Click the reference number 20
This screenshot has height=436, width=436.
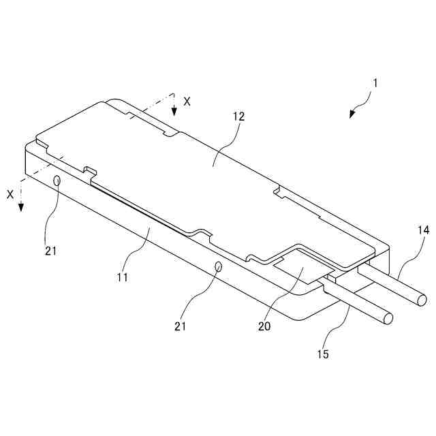tap(264, 326)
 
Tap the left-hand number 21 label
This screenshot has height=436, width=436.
tap(50, 250)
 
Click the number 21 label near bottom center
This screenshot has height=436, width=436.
tap(179, 326)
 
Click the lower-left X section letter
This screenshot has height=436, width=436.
tap(10, 194)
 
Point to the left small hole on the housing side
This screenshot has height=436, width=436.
tap(57, 180)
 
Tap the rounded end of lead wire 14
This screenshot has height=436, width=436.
tap(423, 300)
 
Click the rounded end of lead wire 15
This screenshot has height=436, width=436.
tap(388, 318)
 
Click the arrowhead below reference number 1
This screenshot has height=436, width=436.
tap(352, 114)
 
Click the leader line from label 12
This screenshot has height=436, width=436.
tap(224, 143)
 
